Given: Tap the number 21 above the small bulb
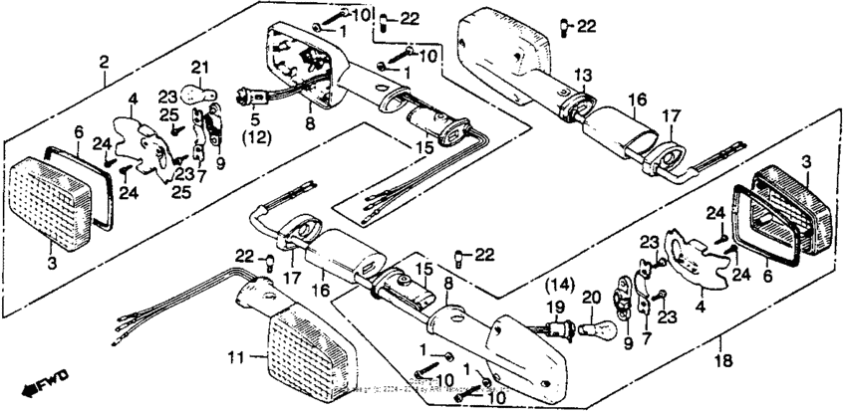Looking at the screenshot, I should (x=198, y=67).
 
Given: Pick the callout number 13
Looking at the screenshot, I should (x=582, y=74).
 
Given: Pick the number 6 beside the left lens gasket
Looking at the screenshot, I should (x=78, y=130).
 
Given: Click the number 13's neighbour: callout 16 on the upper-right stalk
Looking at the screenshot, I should (x=638, y=100).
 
